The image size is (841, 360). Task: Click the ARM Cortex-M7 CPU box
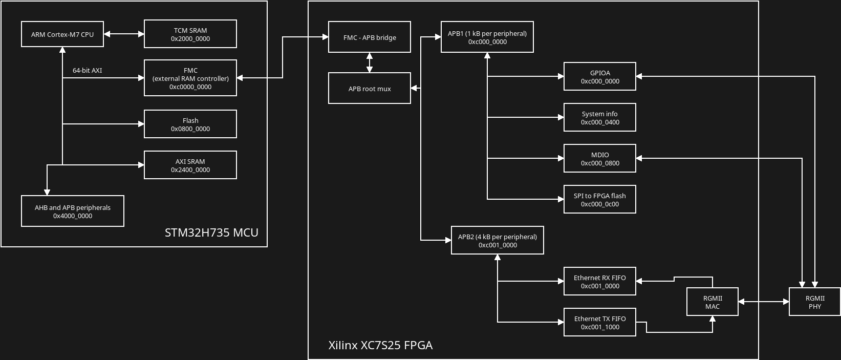click(62, 34)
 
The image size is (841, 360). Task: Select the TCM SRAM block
click(190, 34)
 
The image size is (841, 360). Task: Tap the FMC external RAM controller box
click(190, 78)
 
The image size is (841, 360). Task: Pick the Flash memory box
click(190, 124)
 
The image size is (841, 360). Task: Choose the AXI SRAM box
click(190, 165)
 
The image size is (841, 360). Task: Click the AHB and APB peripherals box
click(73, 211)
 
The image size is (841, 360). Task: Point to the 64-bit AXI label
click(87, 70)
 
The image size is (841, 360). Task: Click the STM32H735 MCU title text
click(211, 232)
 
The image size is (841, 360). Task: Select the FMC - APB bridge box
click(370, 37)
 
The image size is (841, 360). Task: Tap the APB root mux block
click(370, 88)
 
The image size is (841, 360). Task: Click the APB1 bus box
click(487, 37)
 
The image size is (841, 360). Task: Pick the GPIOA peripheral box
click(600, 76)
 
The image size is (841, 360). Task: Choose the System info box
click(600, 117)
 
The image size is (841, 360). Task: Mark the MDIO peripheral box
click(600, 158)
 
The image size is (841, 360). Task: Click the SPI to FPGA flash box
click(600, 199)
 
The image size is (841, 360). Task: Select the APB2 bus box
click(498, 240)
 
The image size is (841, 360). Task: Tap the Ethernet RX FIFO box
click(600, 281)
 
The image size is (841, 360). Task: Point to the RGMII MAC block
click(713, 302)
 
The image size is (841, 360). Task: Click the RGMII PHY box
click(815, 302)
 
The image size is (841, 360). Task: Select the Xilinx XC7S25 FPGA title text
click(380, 345)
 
